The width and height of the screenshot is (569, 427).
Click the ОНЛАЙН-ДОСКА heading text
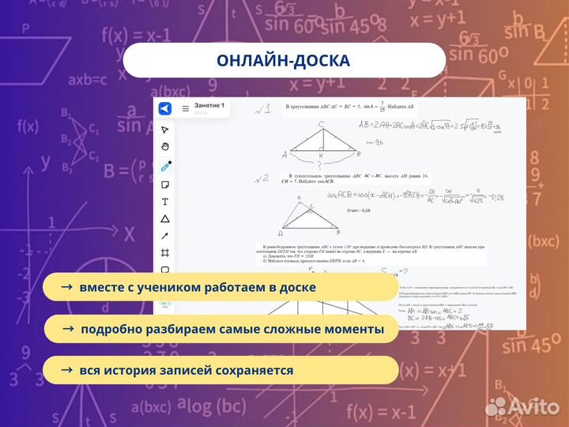(x=283, y=61)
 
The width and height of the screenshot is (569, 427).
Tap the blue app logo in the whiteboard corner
(x=165, y=108)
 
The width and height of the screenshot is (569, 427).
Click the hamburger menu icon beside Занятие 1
(x=186, y=108)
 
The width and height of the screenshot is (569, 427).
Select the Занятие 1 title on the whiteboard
(x=209, y=105)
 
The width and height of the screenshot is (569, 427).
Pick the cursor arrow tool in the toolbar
(x=165, y=130)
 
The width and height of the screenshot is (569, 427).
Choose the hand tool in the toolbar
(x=165, y=147)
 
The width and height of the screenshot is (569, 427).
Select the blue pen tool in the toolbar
(x=165, y=166)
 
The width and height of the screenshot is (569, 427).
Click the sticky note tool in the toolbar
(x=165, y=184)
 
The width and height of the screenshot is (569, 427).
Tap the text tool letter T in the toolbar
(x=165, y=202)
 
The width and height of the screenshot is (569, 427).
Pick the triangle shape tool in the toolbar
(x=165, y=219)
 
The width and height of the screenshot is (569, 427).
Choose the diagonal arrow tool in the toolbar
(x=165, y=236)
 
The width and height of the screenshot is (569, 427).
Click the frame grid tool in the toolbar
(x=165, y=253)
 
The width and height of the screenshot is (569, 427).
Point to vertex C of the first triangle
(x=321, y=125)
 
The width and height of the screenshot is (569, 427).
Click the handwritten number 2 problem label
(x=262, y=179)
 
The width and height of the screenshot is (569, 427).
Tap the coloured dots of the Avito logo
(x=496, y=406)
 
